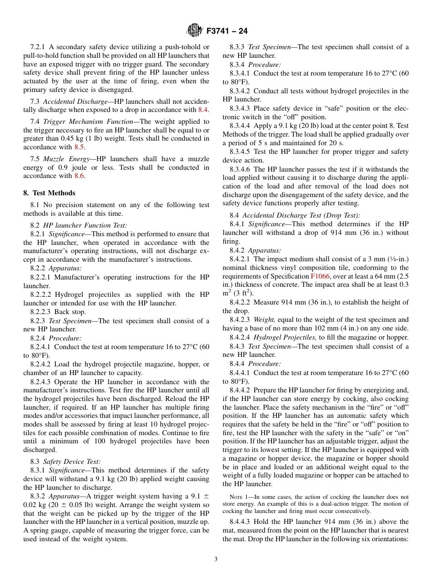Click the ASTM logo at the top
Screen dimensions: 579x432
(x=194, y=31)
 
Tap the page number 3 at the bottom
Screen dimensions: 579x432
(x=216, y=559)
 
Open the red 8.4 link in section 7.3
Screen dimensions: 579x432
(x=203, y=110)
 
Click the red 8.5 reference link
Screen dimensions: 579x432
(x=79, y=147)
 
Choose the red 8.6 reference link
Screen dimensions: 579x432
(x=79, y=176)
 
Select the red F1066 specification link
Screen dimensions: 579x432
(x=320, y=276)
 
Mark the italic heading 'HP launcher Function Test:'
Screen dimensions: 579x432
(x=85, y=225)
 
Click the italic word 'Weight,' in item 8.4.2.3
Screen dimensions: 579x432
(x=264, y=320)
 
